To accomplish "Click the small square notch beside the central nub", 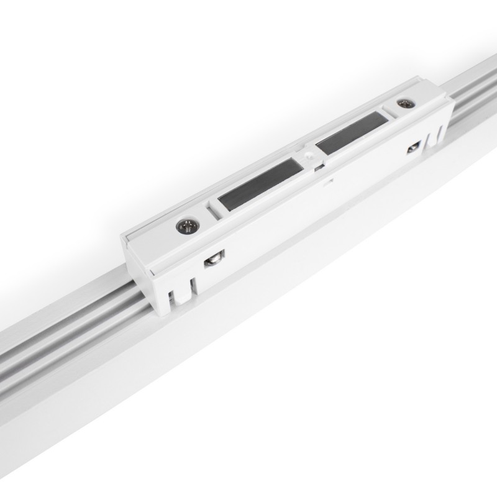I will point(318,164).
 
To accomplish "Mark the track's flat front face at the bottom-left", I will point(93,435).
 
